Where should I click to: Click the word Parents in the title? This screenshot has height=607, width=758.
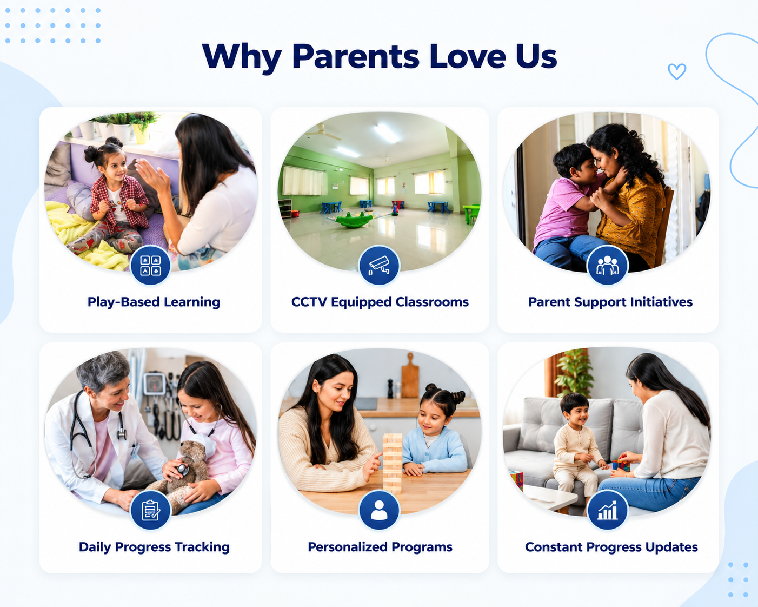tap(355, 56)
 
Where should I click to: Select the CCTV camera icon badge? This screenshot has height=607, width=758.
tap(379, 265)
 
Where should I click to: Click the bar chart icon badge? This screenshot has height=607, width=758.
tap(607, 510)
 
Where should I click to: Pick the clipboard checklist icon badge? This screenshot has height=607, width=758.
tap(151, 510)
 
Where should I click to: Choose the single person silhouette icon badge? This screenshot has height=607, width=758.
tap(379, 510)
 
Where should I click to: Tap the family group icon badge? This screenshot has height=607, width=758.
tap(607, 265)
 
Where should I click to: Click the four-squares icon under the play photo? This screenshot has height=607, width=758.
tap(151, 265)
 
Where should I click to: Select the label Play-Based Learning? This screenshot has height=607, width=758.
tap(154, 302)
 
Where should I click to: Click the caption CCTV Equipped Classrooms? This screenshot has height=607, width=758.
tap(380, 302)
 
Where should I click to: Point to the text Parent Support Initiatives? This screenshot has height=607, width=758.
tap(610, 302)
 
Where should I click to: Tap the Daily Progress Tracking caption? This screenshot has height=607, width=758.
tap(154, 547)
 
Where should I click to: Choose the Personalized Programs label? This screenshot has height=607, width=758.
tap(380, 547)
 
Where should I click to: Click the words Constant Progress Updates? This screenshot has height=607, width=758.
tap(611, 547)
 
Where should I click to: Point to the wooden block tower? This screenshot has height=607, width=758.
tap(393, 464)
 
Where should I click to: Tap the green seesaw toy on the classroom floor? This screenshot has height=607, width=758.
tap(354, 219)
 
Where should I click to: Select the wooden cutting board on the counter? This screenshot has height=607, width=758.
tap(410, 376)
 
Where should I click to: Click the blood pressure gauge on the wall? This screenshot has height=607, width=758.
tap(154, 383)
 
